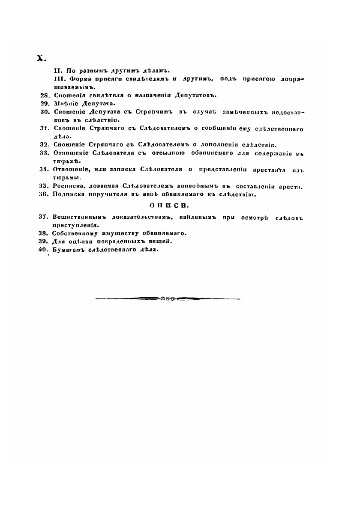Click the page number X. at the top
(41, 58)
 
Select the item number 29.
(44, 104)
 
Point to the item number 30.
(44, 112)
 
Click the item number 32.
(44, 145)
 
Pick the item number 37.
(44, 217)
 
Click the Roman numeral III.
(58, 79)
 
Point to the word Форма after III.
(79, 79)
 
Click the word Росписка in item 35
(68, 186)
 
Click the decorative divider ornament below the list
(168, 298)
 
